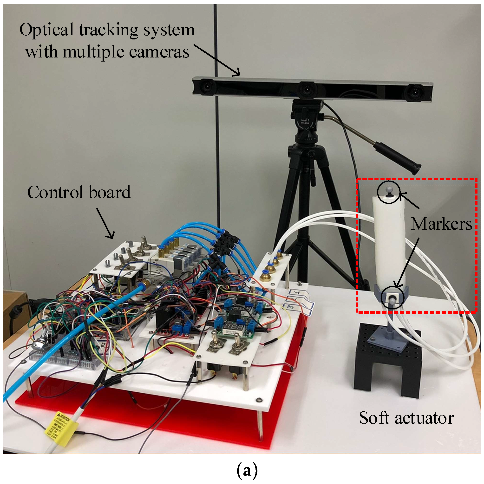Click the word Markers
(441, 224)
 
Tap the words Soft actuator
(406, 418)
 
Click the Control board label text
(79, 192)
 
